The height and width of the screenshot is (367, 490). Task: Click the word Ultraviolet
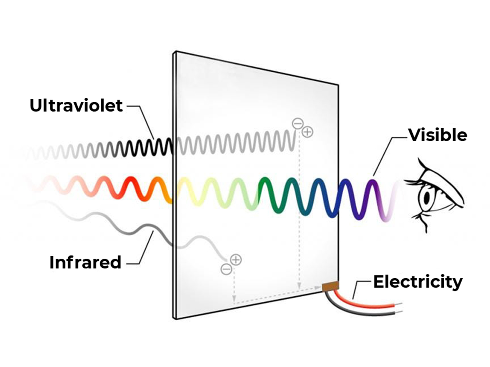point(76,106)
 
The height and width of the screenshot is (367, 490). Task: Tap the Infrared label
point(85,262)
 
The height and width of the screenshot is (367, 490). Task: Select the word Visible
point(437,135)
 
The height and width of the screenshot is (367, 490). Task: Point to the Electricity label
point(418,282)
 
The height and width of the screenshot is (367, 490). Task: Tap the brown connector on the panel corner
point(330,287)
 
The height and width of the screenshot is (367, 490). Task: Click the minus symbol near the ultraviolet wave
point(297,123)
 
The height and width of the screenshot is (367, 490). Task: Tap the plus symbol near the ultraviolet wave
point(307,132)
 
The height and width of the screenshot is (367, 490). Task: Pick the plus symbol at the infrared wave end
point(236,260)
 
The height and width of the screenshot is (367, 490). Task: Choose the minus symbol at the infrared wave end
point(226,269)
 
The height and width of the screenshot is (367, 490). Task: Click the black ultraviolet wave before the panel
point(147,147)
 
